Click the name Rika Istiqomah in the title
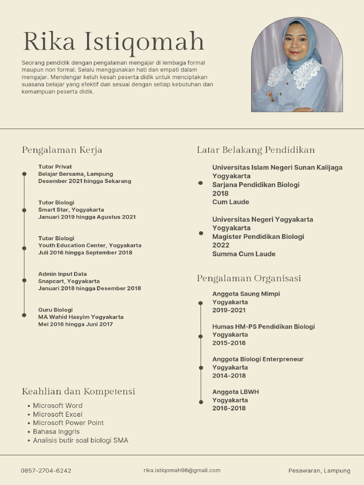pos(113,42)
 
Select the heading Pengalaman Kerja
pos(62,150)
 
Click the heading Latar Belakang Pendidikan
pos(256,150)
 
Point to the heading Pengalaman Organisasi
pos(249,278)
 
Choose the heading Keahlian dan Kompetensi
pos(79,391)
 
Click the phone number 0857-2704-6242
pos(46,471)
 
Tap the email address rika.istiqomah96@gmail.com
pos(182,470)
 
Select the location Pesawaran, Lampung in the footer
pos(319,471)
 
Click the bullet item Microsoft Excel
pos(57,414)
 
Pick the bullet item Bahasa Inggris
pos(56,431)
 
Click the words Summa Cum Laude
pos(244,254)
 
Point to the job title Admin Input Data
pos(63,274)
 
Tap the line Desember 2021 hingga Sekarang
pos(85,181)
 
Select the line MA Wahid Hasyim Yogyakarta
pos(81,317)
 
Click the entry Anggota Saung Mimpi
pos(246,294)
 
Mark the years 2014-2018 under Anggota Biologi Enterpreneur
pos(229,376)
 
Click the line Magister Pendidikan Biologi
pos(258,236)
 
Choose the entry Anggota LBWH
pos(236,392)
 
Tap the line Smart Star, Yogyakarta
pos(71,209)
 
